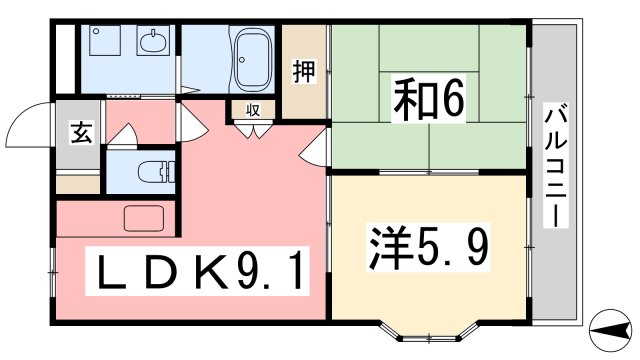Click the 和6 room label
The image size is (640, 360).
pos(431,98)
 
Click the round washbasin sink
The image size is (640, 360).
pos(153,42)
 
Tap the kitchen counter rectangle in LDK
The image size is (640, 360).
pos(148,218)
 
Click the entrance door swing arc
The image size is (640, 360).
pos(27,126)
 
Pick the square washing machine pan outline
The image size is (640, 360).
pos(103,42)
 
